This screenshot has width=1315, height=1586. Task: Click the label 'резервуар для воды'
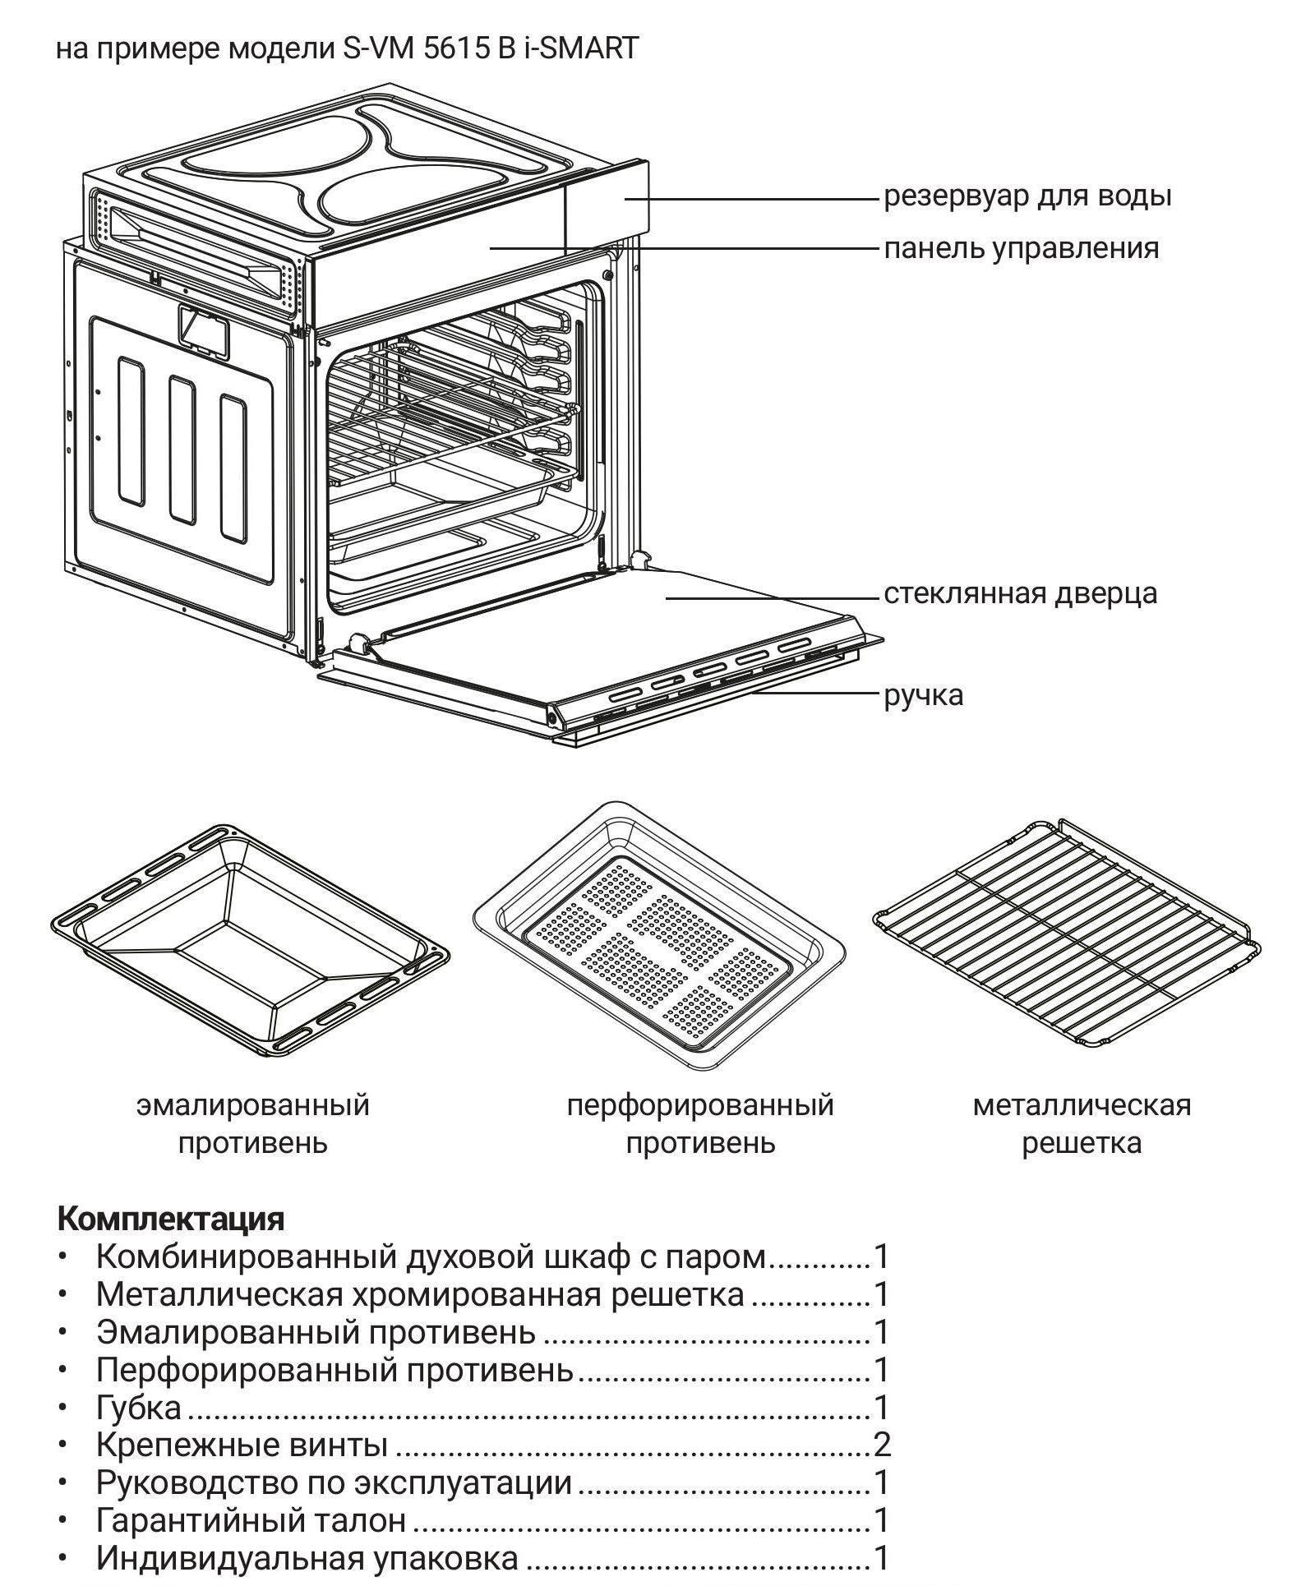1027,196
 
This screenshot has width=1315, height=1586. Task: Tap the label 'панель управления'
1021,247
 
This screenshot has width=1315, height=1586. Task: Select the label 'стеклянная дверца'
1020,593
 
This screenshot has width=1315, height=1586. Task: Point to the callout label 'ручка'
923,695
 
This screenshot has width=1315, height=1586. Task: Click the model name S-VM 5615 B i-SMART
490,48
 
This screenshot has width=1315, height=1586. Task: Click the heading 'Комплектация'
171,1217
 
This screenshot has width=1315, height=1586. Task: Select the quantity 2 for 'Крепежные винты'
881,1445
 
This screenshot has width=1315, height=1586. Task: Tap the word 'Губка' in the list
139,1407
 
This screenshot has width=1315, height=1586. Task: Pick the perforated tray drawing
658,937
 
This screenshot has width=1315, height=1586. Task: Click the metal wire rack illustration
1066,933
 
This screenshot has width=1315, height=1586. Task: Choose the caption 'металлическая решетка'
1081,1123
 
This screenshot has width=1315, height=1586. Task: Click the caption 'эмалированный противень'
252,1123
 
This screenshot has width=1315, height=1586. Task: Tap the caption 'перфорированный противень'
699,1123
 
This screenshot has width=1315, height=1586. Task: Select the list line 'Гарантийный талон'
251,1520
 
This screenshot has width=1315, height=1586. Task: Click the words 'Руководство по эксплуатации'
334,1482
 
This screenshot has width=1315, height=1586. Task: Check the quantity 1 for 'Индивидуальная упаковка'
881,1558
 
